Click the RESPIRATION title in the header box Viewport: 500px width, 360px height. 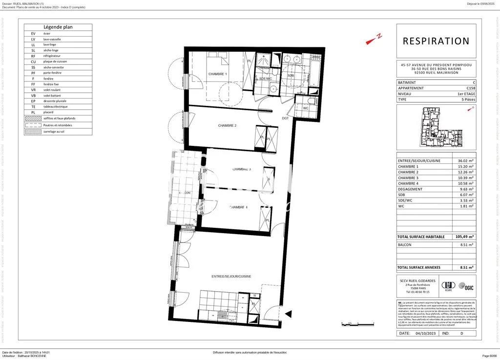click(436, 41)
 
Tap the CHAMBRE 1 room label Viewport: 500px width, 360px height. click(218, 74)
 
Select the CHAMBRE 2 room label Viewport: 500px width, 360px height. click(227, 126)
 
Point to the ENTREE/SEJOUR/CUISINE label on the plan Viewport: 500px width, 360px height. click(231, 277)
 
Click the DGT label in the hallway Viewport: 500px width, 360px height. click(285, 118)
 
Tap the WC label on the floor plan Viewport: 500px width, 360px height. click(306, 108)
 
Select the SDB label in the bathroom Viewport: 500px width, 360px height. click(291, 76)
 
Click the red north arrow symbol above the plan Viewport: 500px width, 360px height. click(374, 40)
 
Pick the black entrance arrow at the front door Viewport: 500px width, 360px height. click(288, 314)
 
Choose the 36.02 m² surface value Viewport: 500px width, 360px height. click(466, 160)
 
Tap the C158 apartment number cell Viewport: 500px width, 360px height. click(470, 88)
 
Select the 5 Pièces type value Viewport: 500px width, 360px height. click(467, 100)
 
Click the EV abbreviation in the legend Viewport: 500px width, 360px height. click(33, 33)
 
